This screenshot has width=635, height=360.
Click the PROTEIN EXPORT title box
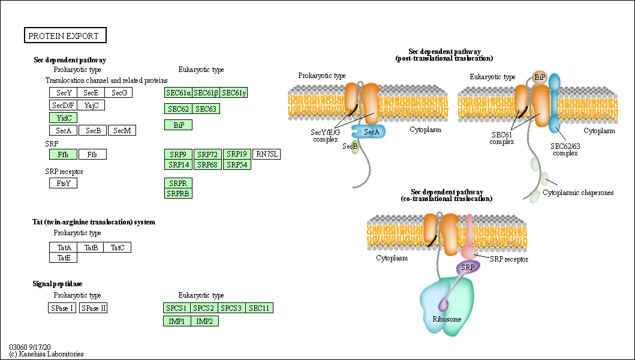[65, 36]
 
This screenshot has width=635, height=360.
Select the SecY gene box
[63, 92]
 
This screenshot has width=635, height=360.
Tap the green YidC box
[63, 118]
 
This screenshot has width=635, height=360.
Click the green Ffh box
[63, 155]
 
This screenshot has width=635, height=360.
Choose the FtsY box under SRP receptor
[63, 184]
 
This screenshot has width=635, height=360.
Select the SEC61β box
[206, 92]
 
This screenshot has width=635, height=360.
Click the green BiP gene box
[178, 125]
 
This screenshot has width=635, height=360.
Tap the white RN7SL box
[266, 154]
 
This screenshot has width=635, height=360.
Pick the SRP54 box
[237, 164]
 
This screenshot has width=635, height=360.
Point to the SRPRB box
[178, 193]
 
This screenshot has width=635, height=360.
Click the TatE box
[63, 257]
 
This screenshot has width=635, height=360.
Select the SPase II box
[94, 308]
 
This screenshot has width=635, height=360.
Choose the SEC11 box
[260, 308]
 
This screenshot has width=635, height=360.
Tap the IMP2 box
[205, 321]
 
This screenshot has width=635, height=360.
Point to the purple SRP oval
[468, 266]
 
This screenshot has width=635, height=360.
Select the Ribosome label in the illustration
[447, 319]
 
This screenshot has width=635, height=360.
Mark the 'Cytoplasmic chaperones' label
[578, 193]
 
